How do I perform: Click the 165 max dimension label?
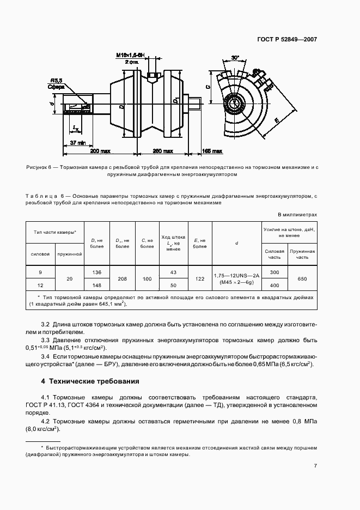point(212,151)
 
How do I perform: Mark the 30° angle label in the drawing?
point(235,57)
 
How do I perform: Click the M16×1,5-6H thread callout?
point(130,55)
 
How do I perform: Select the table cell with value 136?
point(97,272)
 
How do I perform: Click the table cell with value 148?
point(97,285)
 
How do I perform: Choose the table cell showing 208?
point(122,278)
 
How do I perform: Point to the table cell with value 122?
point(199,278)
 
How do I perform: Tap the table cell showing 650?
point(302,278)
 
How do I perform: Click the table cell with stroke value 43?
point(174,272)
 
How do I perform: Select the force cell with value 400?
point(274,285)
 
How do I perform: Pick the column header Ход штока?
point(174,238)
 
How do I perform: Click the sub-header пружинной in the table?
point(69,253)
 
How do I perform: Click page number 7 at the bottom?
point(315,465)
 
